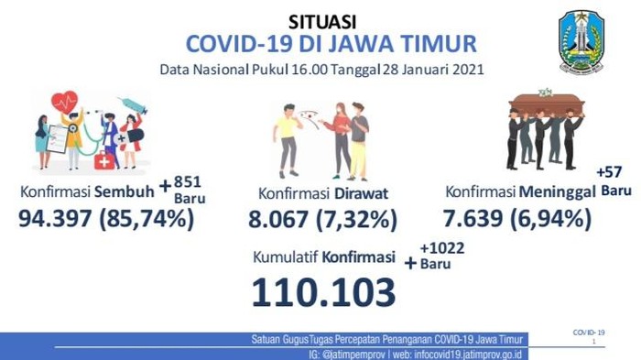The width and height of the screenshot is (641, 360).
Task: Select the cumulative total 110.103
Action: [325, 291]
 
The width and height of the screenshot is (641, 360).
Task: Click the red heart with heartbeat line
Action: [64, 101]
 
